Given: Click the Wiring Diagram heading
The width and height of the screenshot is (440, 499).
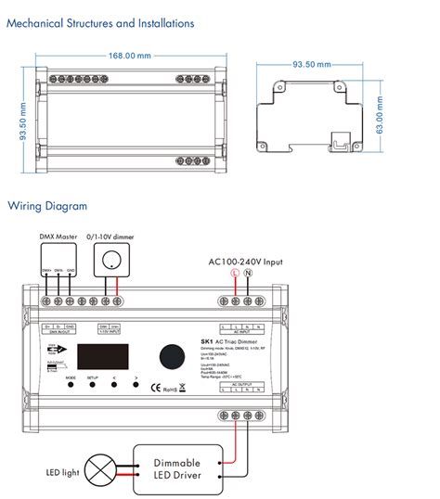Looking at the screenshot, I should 48,206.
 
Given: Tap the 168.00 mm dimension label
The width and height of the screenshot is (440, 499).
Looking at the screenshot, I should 130,57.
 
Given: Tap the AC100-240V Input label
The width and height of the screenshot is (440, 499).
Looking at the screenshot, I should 246,261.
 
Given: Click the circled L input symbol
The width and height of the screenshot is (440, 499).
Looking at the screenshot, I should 235,275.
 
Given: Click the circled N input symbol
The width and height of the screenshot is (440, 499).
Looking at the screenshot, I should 248,275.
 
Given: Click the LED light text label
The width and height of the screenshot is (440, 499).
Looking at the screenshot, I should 58,473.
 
